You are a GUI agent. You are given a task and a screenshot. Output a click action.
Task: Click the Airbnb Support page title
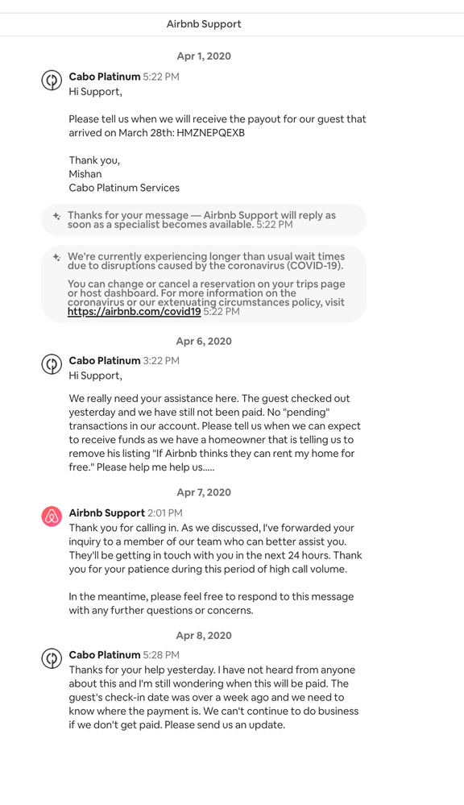point(204,24)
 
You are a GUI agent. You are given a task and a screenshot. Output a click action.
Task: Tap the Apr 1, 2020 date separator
point(204,56)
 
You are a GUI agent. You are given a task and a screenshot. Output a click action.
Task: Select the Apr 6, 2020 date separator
point(204,341)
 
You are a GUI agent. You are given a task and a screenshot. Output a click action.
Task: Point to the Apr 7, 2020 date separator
point(204,492)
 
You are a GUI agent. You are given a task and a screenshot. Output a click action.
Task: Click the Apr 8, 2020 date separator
point(204,636)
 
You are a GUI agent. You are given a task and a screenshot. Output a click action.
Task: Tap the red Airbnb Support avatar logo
point(52,517)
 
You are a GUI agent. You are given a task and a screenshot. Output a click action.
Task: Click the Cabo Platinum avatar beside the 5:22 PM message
point(52,81)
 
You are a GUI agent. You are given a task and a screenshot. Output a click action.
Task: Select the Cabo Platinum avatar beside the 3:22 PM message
point(52,364)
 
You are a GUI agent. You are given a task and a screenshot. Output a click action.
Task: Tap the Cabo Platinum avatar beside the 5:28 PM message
point(52,659)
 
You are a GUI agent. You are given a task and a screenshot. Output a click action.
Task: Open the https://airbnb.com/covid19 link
point(134,312)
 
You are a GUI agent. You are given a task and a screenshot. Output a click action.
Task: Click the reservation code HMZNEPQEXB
point(211,132)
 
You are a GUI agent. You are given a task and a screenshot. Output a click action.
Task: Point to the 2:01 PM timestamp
point(165,513)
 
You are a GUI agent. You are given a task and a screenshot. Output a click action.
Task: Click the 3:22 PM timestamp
point(161,361)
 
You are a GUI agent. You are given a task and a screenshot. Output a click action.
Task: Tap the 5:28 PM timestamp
point(161,656)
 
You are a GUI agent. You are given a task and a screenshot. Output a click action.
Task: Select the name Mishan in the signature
point(85,174)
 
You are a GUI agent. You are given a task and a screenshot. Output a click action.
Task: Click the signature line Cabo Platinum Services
point(124,188)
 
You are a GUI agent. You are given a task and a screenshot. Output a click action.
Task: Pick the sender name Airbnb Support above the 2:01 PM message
point(107,513)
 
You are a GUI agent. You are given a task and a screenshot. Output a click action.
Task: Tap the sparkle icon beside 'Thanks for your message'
point(56,216)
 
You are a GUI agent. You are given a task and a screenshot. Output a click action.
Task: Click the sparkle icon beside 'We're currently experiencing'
point(56,257)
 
